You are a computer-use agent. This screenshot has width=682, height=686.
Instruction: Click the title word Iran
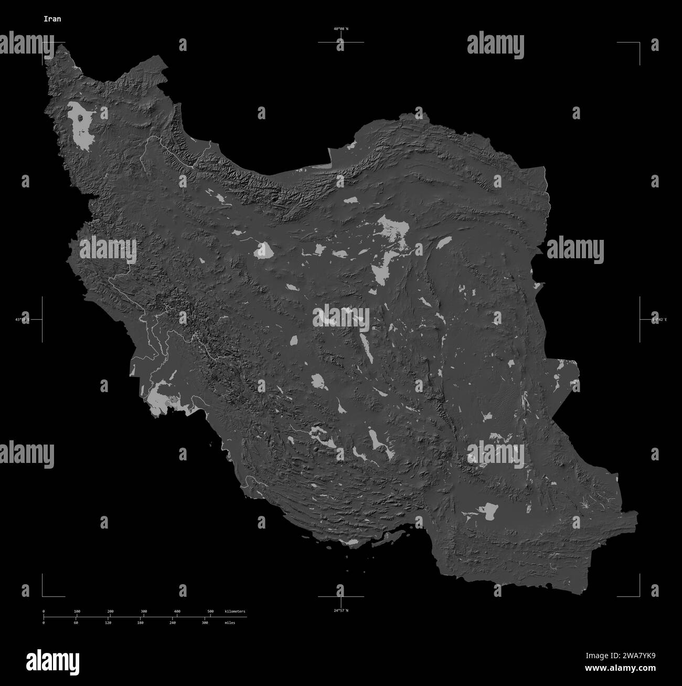52,19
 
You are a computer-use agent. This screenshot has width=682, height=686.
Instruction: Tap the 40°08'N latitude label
341,29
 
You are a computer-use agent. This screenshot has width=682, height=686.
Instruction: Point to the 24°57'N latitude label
341,610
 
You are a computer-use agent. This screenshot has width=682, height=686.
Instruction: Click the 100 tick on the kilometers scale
77,612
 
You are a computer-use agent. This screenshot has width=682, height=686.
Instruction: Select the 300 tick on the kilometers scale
144,612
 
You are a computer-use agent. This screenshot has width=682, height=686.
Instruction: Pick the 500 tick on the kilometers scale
210,612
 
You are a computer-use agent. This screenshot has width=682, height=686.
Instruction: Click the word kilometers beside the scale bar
235,612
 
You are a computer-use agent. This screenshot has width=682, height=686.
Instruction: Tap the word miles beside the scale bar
229,622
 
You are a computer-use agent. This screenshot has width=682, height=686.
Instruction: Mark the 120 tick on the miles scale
108,622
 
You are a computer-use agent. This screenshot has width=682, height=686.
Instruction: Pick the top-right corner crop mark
639,43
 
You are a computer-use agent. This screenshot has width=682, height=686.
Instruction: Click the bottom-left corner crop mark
43,596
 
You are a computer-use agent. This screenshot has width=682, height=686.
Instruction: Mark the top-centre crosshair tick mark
341,42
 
